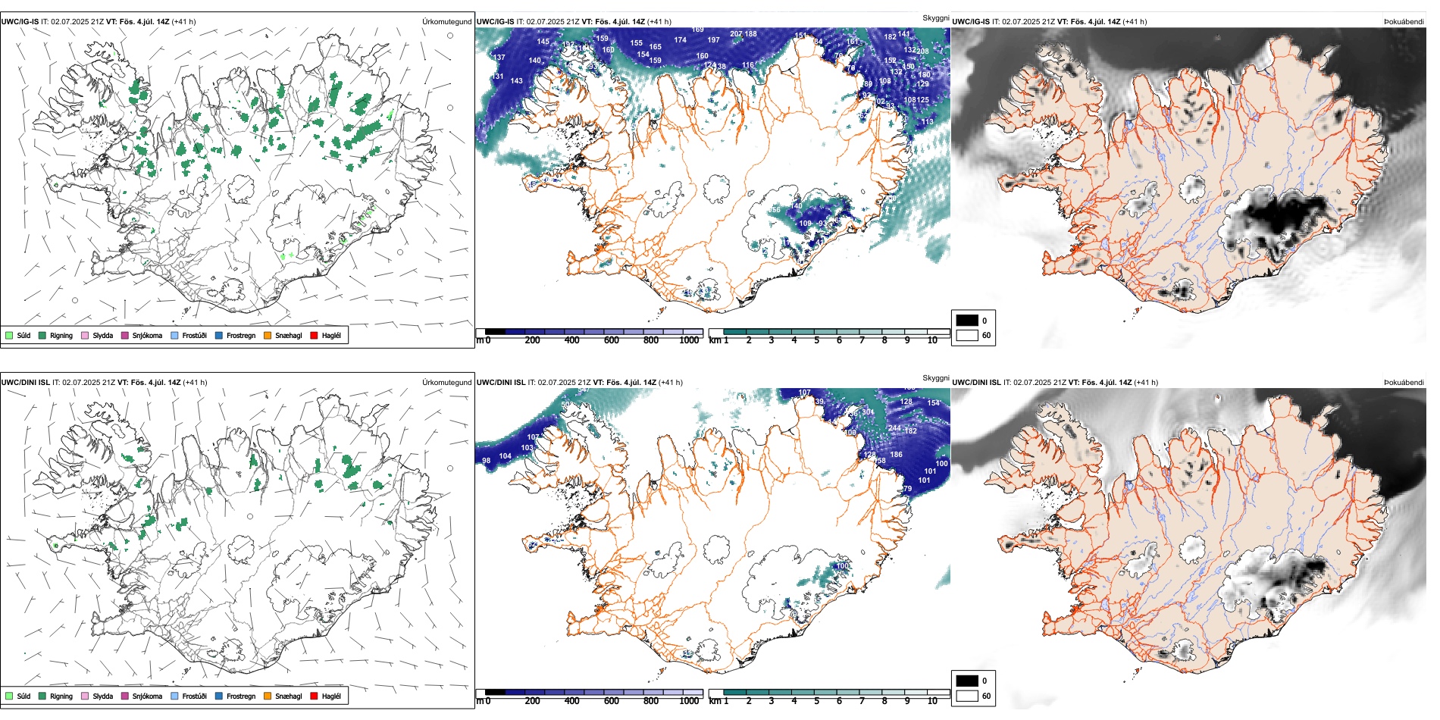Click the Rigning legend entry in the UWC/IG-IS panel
(x=61, y=336)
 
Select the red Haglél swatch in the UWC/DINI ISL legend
(x=314, y=697)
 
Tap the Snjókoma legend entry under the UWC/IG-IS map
(x=146, y=336)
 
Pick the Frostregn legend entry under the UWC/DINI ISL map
(x=240, y=697)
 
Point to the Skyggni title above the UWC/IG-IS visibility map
(x=935, y=18)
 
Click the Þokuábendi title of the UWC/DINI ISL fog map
(x=1404, y=383)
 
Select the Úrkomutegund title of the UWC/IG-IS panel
(x=446, y=22)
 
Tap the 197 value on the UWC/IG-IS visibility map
(x=713, y=40)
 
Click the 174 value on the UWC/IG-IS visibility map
(x=680, y=41)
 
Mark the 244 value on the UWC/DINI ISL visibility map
(x=894, y=428)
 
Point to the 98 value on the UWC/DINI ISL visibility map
(x=486, y=461)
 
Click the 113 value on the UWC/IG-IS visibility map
(x=927, y=122)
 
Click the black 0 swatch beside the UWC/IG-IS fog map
(x=967, y=321)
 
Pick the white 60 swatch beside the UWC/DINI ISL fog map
(x=967, y=696)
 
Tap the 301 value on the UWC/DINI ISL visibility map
(x=868, y=412)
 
